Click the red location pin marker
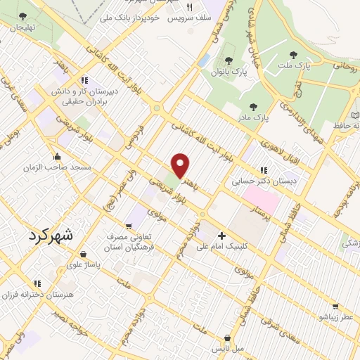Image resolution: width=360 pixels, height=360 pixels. pos(181,165)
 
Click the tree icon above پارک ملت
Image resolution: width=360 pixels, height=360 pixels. pos(292,53)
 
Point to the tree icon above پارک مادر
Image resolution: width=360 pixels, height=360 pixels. pos(253,106)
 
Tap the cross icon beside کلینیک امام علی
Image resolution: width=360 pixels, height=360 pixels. pos(222,236)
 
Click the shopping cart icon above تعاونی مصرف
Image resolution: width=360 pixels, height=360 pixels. pos(128,226)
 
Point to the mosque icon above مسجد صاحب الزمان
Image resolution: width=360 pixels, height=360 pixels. pos(57,156)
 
